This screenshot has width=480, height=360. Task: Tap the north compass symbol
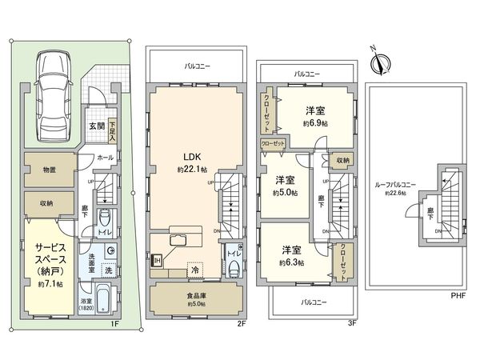pos(381,60)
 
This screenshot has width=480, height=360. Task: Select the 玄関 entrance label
pos(96,125)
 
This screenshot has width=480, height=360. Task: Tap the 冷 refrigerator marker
pos(194,270)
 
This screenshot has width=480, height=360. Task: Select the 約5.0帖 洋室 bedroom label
pos(285,186)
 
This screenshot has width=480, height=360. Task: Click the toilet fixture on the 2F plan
pos(231,266)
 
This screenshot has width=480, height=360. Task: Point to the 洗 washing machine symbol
pos(110,271)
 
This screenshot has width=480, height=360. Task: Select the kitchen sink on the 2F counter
pos(178,242)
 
